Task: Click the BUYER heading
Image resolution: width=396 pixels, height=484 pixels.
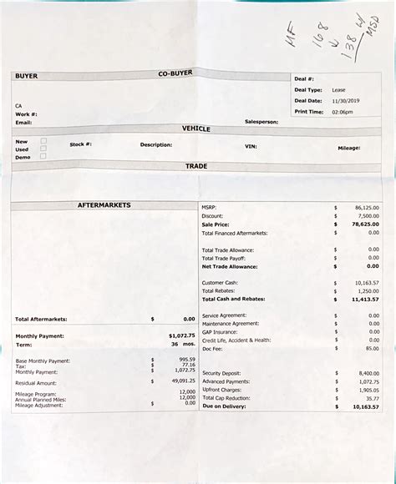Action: pos(27,76)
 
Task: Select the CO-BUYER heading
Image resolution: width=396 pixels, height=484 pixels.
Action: pos(175,73)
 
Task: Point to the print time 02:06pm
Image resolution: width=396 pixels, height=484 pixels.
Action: pos(343,111)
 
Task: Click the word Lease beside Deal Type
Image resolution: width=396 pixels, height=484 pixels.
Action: pos(338,88)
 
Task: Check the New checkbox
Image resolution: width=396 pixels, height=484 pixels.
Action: pos(43,140)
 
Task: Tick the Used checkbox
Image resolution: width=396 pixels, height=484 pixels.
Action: pos(43,149)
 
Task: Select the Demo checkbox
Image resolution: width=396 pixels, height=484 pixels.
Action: pos(43,156)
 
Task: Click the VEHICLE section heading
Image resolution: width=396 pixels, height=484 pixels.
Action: pos(196,129)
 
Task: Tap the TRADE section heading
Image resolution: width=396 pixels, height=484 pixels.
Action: pos(196,166)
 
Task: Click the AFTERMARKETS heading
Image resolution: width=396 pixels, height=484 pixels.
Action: pos(103,204)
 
